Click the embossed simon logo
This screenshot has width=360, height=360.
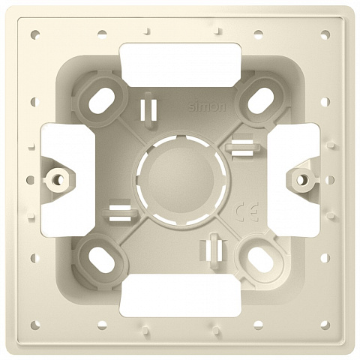207,107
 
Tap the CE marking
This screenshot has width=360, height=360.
247,212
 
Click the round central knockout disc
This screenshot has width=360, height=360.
181,179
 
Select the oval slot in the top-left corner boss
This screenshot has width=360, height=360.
102,100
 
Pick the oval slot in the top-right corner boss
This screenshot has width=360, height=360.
259,100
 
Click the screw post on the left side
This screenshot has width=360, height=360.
58,179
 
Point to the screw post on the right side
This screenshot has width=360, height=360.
302,179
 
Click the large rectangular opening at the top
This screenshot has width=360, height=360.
181,65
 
